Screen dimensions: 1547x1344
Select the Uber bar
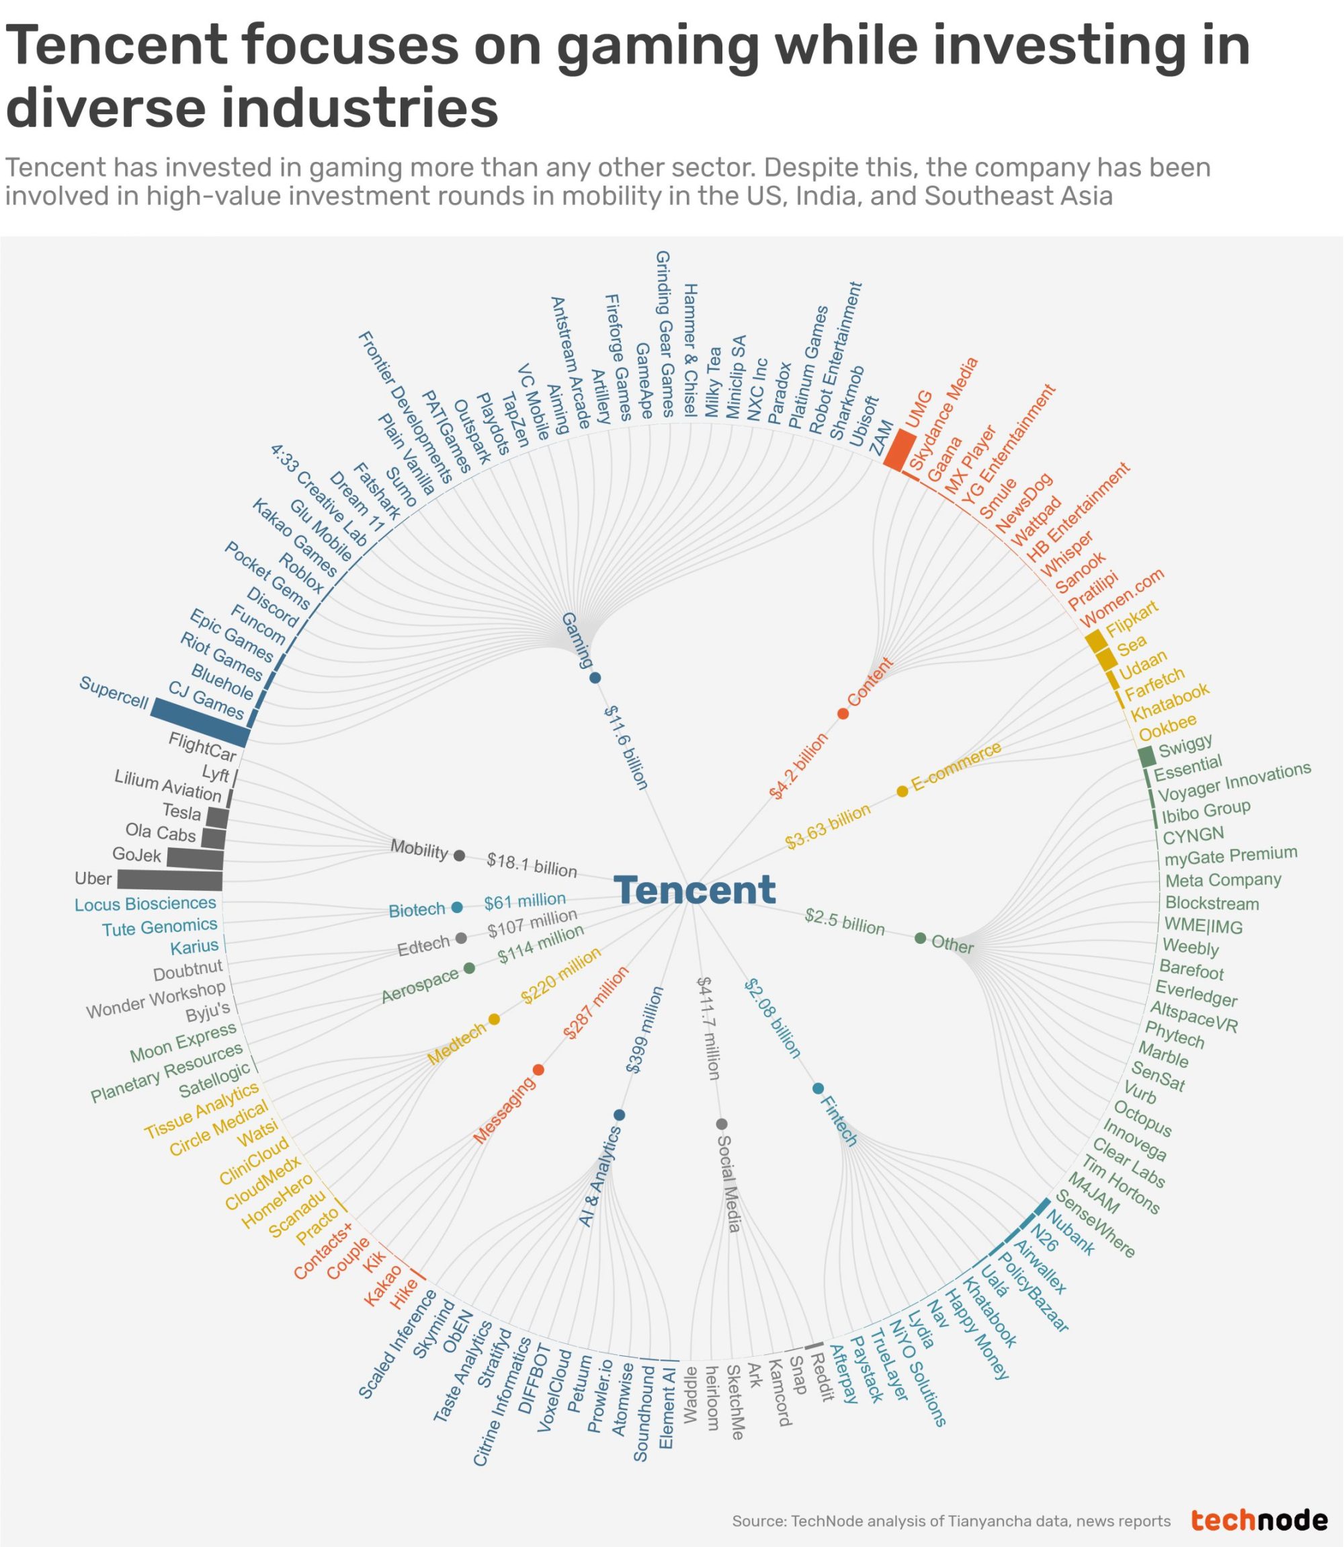(x=169, y=880)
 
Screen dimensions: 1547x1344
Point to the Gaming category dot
(x=595, y=678)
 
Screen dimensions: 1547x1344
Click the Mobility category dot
(x=460, y=855)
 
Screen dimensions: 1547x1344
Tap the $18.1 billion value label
(x=532, y=865)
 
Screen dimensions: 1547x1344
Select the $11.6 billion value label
(x=626, y=747)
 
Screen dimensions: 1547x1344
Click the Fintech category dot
(x=818, y=1088)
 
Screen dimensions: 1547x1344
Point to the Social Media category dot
(x=722, y=1124)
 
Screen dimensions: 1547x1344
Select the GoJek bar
(x=195, y=857)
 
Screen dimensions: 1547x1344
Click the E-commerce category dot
(x=902, y=791)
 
